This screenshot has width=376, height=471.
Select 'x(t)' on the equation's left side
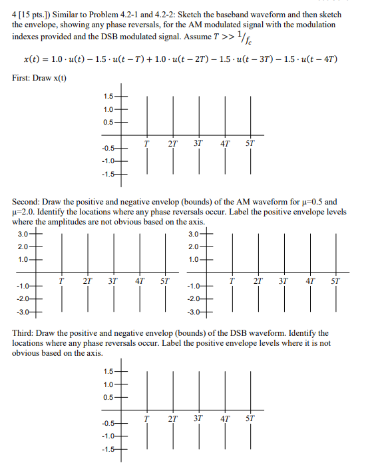click(x=31, y=59)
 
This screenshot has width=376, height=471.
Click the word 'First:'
click(x=24, y=79)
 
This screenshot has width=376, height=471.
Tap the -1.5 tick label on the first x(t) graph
click(x=107, y=175)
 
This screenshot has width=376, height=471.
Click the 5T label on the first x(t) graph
click(x=250, y=143)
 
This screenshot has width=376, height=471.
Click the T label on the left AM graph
click(x=61, y=280)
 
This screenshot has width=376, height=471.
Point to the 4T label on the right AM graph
click(x=310, y=280)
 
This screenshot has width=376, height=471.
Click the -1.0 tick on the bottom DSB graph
click(x=107, y=436)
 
